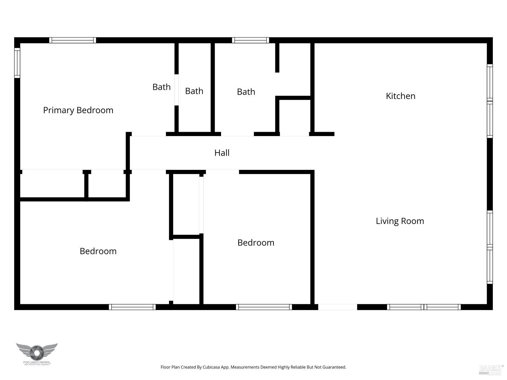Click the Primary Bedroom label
[78, 110]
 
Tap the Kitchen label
[401, 96]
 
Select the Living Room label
[400, 221]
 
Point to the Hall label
[222, 153]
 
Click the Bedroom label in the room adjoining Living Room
[256, 243]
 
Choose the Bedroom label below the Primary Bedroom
[98, 251]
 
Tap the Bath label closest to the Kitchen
[246, 92]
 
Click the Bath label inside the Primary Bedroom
[161, 87]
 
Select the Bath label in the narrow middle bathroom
[194, 91]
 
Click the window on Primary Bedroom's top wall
[73, 40]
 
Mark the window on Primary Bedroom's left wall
[17, 63]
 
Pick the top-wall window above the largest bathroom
[250, 40]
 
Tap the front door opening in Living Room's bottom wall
[338, 307]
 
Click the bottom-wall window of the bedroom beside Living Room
[264, 307]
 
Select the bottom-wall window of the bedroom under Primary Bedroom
[132, 307]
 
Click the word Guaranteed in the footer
[334, 367]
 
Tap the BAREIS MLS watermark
[491, 370]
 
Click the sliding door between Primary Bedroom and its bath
[176, 90]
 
